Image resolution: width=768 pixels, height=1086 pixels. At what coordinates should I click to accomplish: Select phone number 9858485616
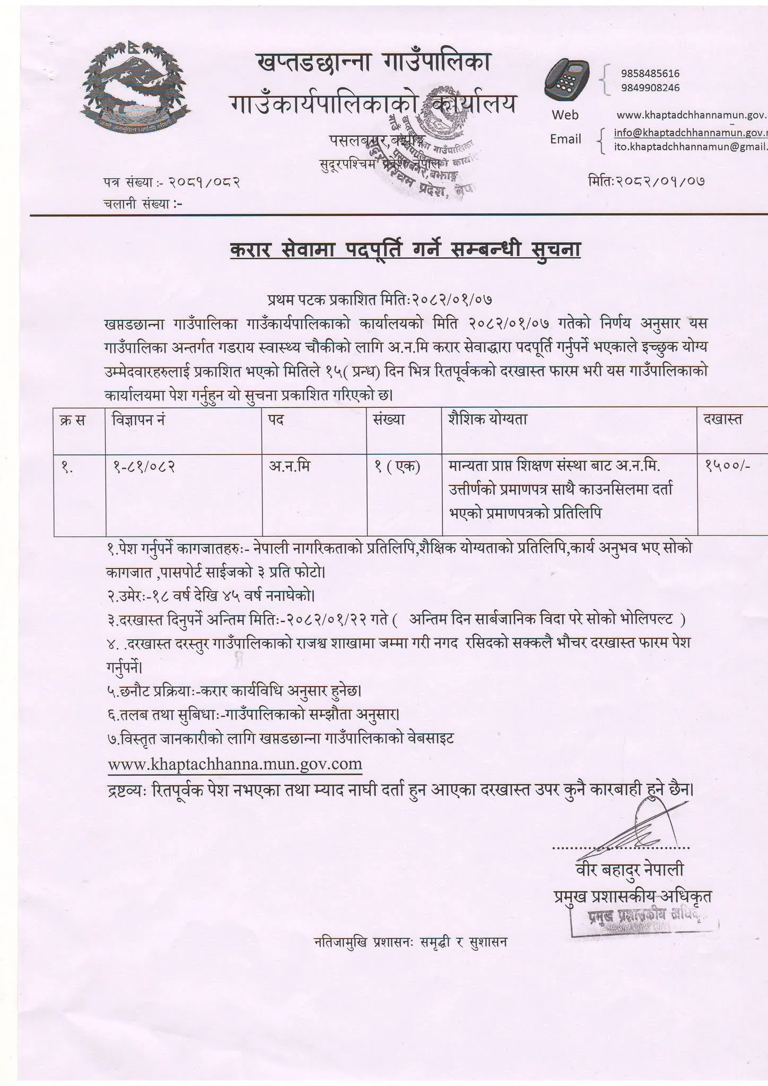click(650, 74)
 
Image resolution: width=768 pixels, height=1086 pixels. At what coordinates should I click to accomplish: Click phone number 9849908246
click(650, 87)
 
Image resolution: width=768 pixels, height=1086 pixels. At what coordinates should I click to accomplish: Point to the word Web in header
click(565, 115)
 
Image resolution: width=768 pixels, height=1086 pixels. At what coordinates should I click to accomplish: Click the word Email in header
click(565, 139)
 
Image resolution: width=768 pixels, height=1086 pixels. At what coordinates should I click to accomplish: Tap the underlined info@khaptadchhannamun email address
click(690, 133)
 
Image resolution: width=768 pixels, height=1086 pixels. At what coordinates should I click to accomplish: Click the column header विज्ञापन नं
click(138, 419)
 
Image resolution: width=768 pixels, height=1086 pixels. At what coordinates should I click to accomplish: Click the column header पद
click(276, 419)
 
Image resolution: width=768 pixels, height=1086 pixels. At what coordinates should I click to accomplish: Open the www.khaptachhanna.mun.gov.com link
click(235, 764)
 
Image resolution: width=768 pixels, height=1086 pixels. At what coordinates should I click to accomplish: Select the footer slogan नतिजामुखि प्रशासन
click(411, 942)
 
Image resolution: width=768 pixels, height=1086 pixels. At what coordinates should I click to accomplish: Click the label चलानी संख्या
click(143, 203)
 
